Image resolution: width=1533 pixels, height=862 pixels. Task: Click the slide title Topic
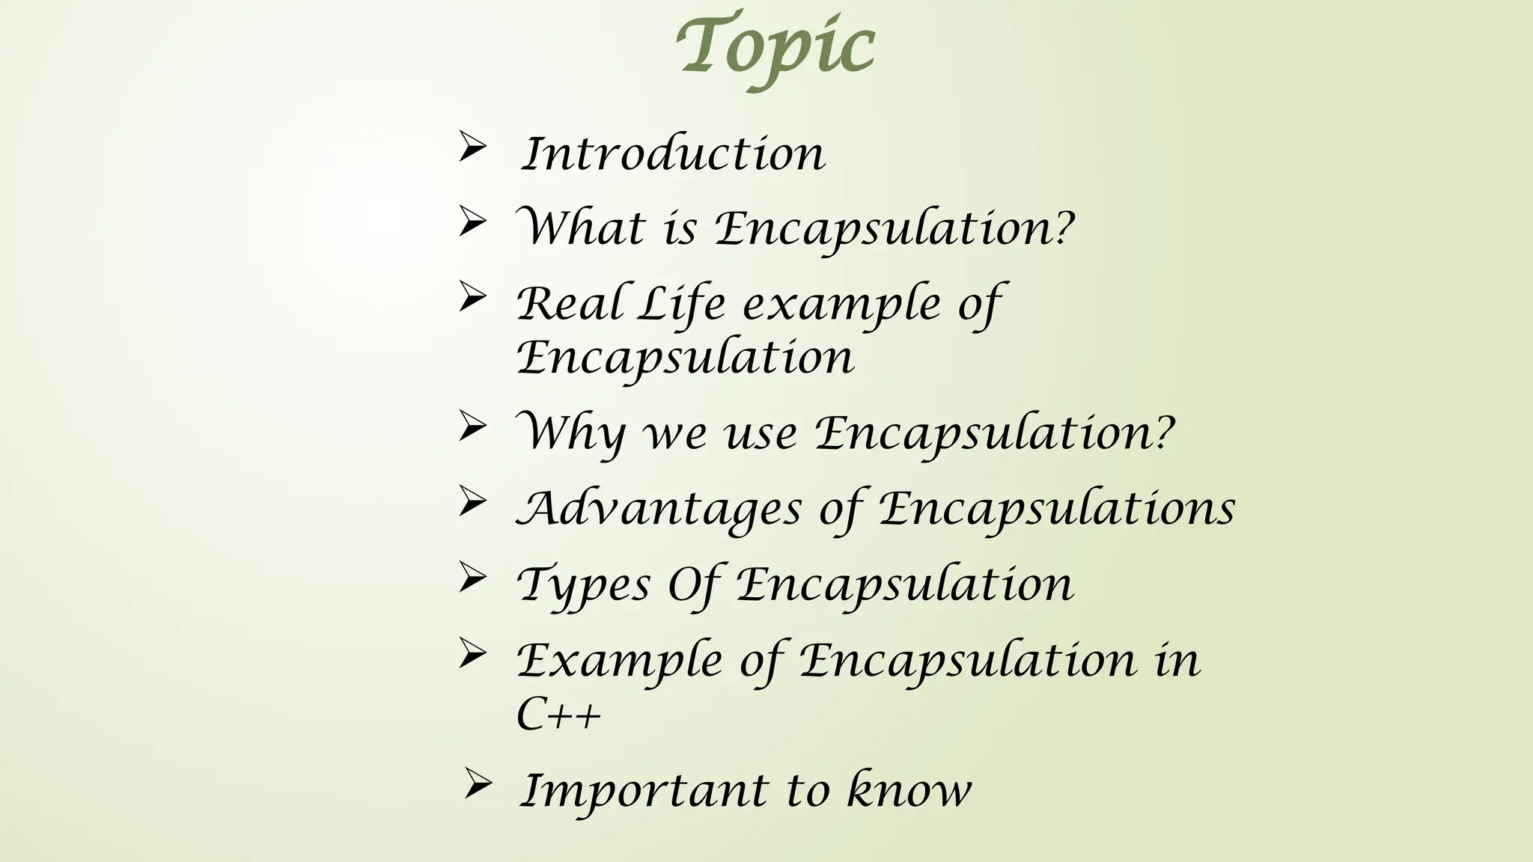coord(775,46)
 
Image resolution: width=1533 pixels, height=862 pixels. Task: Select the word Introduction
coord(672,154)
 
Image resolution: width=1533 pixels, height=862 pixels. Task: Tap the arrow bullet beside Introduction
coord(472,147)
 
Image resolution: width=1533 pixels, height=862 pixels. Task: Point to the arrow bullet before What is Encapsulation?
coord(472,222)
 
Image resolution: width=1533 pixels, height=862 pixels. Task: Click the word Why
coord(572,433)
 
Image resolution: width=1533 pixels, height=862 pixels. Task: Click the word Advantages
coord(659,510)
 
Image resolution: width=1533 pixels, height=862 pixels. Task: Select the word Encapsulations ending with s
coord(1056,510)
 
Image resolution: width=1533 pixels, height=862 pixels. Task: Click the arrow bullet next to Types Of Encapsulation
coord(472,578)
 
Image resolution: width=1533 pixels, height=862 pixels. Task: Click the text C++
coord(558,715)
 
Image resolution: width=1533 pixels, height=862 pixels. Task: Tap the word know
coord(909,790)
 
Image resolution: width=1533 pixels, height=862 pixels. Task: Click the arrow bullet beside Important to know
coord(477,784)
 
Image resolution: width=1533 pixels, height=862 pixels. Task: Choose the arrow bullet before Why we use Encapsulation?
coord(472,427)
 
